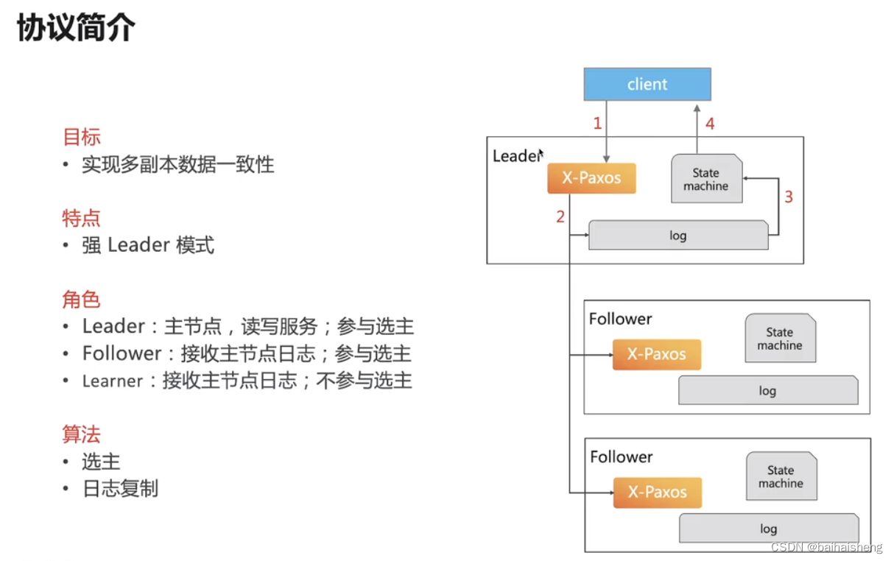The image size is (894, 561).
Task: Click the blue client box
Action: coord(647,84)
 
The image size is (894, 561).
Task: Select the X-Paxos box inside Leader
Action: coord(591,178)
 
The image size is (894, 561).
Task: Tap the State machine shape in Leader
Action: coord(705,180)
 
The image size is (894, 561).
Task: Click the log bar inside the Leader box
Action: coord(677,236)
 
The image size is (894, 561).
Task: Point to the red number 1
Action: coord(598,124)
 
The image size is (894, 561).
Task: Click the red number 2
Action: coord(560,216)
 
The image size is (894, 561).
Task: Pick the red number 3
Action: coord(789,197)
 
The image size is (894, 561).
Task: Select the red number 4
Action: coord(710,124)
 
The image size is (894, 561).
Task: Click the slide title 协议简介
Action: coord(76,29)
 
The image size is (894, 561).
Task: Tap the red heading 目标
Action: coord(81,137)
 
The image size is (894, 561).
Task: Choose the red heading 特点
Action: coord(81,218)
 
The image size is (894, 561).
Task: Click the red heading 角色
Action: coord(81,300)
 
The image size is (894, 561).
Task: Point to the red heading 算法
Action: coord(81,434)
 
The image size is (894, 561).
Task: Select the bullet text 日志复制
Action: coord(120,489)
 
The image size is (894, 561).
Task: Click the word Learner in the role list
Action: coord(113,381)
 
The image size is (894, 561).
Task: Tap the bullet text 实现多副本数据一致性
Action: coord(178,164)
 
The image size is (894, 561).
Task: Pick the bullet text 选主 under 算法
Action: coord(101,462)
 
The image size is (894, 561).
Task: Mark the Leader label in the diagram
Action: coord(515,156)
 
